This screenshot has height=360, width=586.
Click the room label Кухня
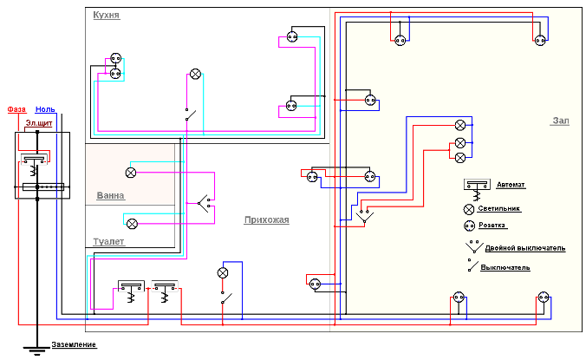[106, 16]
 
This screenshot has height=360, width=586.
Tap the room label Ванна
[110, 196]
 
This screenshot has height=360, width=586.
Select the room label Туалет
[110, 240]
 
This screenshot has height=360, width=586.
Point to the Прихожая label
[266, 220]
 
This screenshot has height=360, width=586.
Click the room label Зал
[560, 121]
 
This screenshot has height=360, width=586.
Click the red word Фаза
[16, 109]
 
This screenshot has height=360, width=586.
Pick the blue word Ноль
[45, 109]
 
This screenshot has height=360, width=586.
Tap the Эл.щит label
[36, 124]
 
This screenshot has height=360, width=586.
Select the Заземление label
[74, 345]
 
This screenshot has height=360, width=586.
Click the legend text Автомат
[511, 186]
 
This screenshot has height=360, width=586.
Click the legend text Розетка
[507, 227]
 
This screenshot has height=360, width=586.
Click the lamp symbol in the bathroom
[131, 172]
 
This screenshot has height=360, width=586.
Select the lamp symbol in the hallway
[222, 272]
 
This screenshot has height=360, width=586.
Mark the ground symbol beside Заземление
[36, 349]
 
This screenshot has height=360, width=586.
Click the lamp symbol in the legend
[469, 209]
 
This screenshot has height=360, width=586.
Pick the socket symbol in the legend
[469, 226]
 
